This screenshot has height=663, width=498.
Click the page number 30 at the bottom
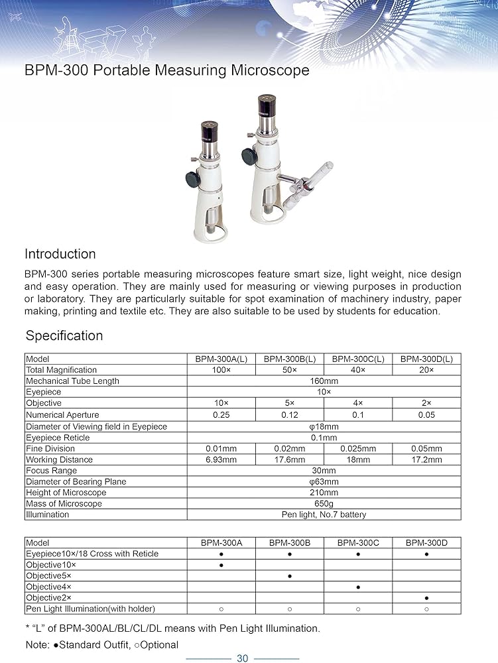tap(242, 658)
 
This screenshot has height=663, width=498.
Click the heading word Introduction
tap(60, 254)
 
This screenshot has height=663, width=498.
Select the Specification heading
tap(64, 335)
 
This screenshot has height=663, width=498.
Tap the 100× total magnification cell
tap(221, 370)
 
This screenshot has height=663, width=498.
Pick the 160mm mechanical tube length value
tap(324, 381)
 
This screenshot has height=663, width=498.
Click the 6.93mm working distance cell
tap(221, 459)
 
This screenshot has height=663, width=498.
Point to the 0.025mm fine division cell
tap(358, 449)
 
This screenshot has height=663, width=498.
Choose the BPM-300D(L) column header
tap(426, 359)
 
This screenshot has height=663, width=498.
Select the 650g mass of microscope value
tap(324, 504)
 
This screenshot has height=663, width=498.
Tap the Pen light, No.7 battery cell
tap(324, 514)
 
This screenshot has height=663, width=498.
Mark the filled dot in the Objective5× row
tap(290, 576)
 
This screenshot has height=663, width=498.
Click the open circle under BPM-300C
tap(358, 609)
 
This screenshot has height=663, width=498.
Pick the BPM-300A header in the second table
tap(221, 543)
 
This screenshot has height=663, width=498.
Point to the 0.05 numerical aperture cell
tap(426, 415)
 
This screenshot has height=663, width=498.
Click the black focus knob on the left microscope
tap(193, 179)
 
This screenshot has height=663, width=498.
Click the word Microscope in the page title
tap(272, 70)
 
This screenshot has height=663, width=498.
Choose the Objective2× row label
tap(48, 598)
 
